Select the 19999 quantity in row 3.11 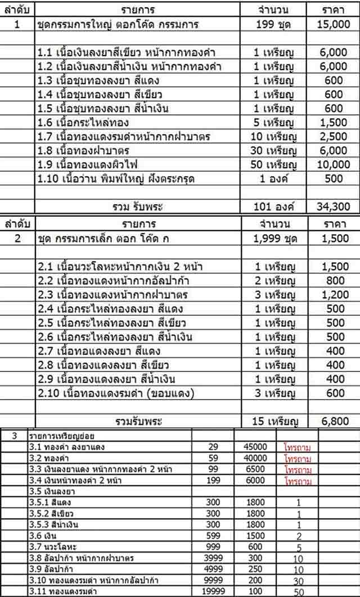pyautogui.click(x=213, y=591)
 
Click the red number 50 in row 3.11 pyautogui.click(x=298, y=592)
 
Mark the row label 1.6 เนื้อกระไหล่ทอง pyautogui.click(x=84, y=123)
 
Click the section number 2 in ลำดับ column pyautogui.click(x=17, y=238)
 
